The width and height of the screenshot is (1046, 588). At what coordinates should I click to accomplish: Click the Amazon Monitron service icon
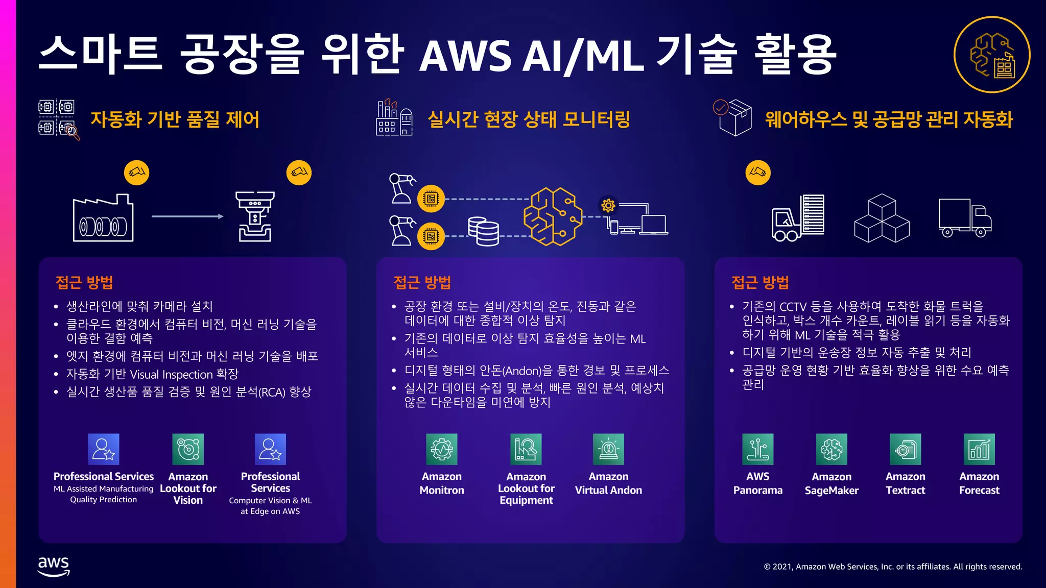tap(442, 449)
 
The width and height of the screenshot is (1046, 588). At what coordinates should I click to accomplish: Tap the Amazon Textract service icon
tap(905, 449)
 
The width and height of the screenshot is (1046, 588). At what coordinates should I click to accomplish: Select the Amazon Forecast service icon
tap(979, 449)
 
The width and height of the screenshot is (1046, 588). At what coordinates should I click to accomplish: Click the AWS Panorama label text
tap(757, 483)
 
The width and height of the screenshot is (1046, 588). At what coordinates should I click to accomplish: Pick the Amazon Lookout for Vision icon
tap(188, 449)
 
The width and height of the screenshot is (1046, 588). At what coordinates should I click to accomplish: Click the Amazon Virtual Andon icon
tap(608, 449)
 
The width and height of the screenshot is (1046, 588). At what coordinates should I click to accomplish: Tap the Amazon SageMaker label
tap(831, 483)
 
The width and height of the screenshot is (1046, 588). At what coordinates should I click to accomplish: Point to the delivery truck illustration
tap(964, 218)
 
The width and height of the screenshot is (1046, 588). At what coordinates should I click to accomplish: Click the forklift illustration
tap(797, 218)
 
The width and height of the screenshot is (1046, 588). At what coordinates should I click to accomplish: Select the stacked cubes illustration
tap(882, 218)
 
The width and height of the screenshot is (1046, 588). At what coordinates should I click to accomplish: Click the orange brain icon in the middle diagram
tap(553, 216)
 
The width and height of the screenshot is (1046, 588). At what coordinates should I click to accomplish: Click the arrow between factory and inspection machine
tap(187, 216)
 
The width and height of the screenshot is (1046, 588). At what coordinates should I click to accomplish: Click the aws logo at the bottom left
tap(54, 566)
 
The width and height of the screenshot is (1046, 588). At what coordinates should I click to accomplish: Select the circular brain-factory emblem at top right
tap(992, 55)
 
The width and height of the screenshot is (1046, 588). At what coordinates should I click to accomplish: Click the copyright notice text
tap(893, 567)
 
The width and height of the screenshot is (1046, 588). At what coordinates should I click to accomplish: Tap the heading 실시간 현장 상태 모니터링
tap(529, 119)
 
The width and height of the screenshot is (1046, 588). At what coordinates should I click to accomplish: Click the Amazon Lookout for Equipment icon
tap(526, 449)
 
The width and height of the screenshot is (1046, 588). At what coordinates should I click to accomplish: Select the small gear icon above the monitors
tap(608, 206)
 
